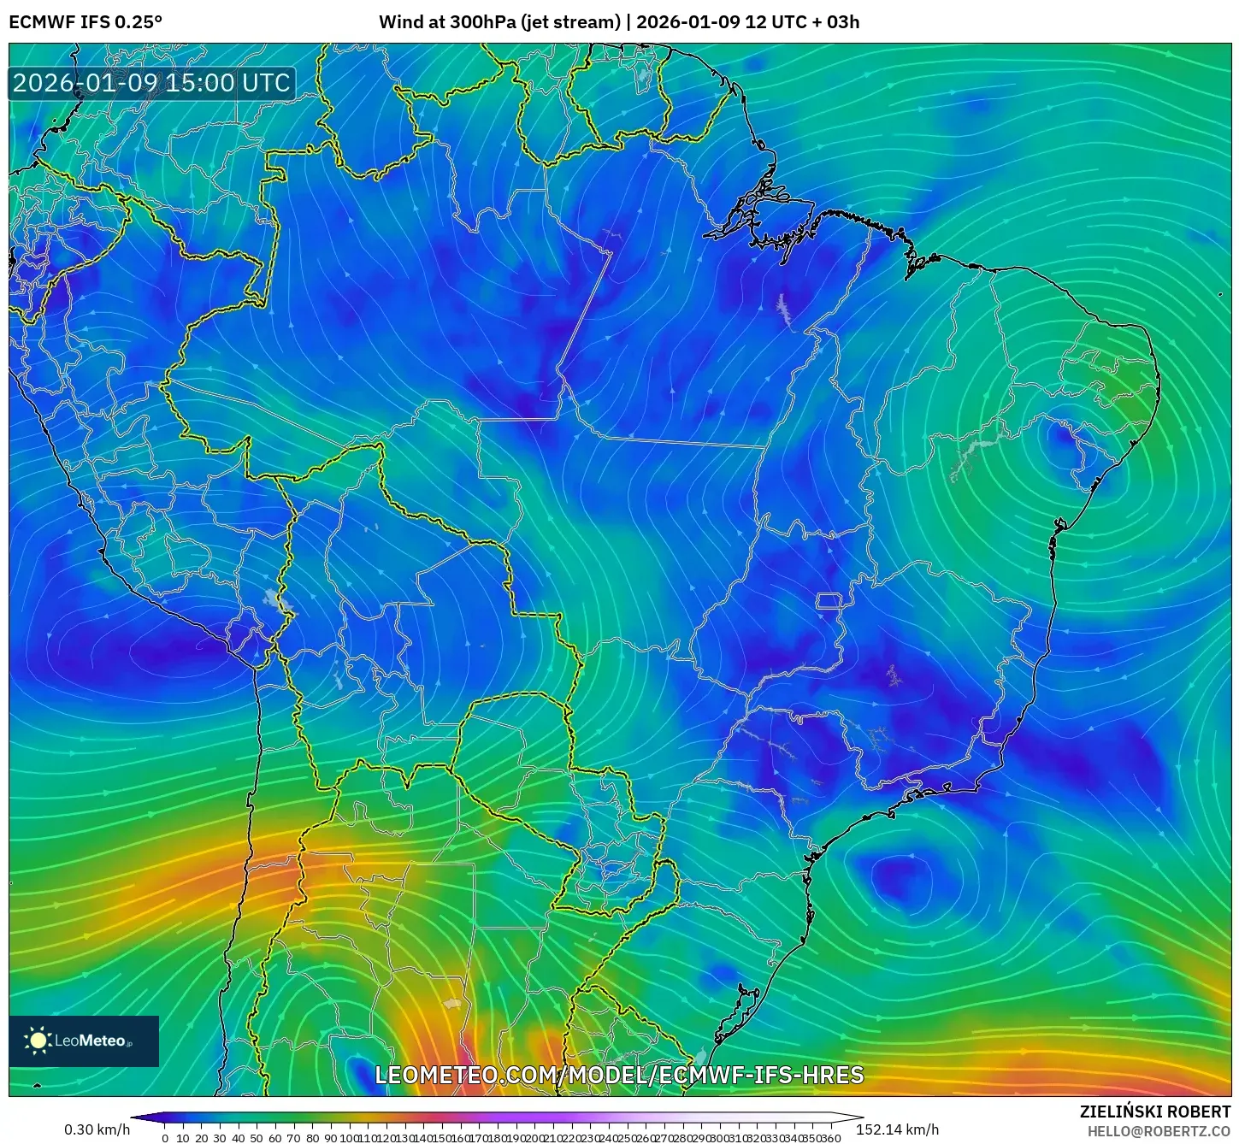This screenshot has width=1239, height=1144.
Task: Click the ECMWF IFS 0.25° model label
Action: pos(86,21)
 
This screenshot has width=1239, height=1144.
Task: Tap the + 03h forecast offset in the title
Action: pos(836,21)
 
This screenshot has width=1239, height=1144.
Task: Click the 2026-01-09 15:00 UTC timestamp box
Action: pos(151,83)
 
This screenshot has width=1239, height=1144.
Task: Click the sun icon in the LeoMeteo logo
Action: pos(38,1041)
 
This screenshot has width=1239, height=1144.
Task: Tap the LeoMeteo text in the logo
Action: pos(90,1041)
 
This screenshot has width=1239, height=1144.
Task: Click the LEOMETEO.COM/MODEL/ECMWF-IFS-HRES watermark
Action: pos(619,1075)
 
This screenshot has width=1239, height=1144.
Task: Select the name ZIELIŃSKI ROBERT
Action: pos(1154,1112)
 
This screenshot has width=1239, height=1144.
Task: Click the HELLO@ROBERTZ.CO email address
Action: pos(1159,1130)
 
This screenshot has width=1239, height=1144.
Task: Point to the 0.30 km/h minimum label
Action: pos(97,1129)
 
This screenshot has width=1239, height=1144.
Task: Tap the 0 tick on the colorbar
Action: pos(164,1138)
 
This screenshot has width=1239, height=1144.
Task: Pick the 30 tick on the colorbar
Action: pos(219,1138)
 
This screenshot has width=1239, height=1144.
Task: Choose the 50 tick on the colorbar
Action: pos(256,1138)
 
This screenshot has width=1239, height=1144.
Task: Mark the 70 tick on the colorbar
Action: pos(293,1138)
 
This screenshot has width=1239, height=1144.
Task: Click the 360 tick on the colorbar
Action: pos(831,1138)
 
